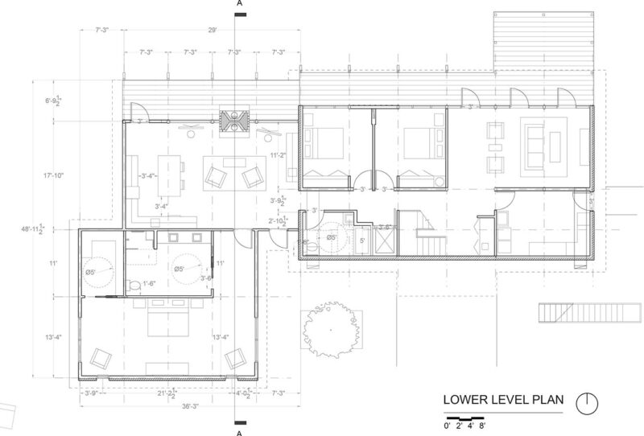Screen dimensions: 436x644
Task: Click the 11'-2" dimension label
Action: [278, 155]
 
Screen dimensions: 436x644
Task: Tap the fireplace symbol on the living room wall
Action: [235, 121]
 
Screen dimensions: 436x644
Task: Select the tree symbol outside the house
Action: [328, 330]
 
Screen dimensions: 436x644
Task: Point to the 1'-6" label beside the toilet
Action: [150, 282]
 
